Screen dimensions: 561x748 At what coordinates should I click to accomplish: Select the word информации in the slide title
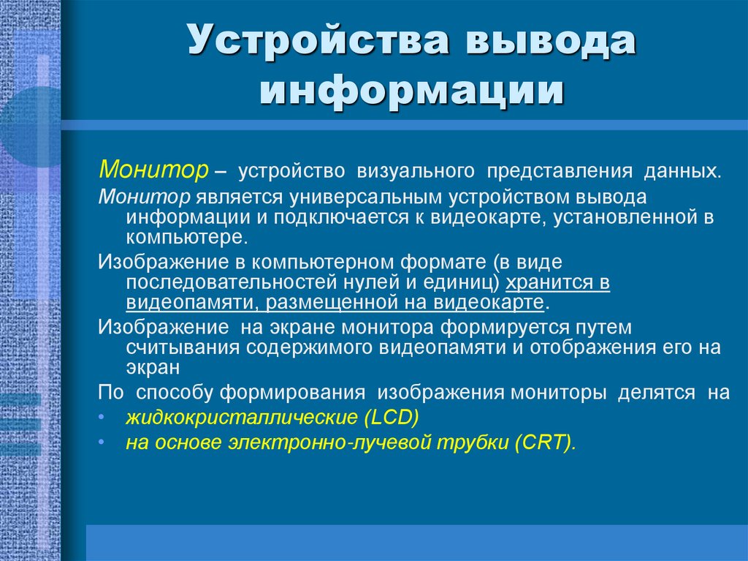[x=413, y=94]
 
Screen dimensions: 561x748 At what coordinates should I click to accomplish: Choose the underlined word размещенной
[x=341, y=302]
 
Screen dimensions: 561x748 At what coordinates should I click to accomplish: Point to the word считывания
[x=179, y=346]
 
